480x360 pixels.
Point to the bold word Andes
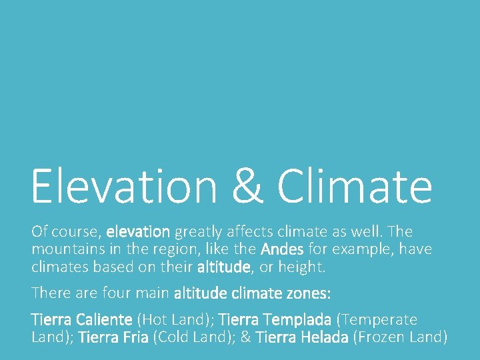(x=283, y=249)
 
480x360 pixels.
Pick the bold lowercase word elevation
(x=138, y=232)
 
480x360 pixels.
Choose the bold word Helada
(x=316, y=337)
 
